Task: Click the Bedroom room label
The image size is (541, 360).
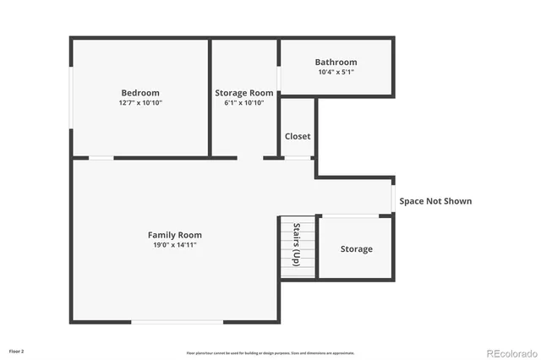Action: coord(139,93)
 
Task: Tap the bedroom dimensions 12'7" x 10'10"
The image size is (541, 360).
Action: coord(139,103)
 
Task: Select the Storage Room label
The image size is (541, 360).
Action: coord(244,93)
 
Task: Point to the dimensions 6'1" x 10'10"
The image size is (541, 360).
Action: coord(244,103)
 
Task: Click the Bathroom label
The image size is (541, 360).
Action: coord(336,62)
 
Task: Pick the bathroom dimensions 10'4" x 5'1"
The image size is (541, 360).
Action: coord(336,72)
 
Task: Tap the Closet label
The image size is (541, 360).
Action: coord(297,136)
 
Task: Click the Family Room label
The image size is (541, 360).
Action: coord(175,235)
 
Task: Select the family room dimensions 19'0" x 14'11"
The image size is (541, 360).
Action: coord(175,245)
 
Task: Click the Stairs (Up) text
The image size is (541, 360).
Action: coord(297,245)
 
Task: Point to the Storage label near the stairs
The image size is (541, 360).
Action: coord(356,249)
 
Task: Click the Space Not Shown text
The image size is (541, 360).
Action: coord(435,201)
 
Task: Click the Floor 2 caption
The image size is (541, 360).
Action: coord(17,351)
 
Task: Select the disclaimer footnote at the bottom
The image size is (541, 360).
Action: coord(270,353)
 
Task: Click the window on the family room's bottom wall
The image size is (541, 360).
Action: coord(178,322)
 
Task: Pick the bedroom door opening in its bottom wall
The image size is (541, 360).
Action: coord(101,157)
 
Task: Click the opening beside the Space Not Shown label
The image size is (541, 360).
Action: coord(393,199)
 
